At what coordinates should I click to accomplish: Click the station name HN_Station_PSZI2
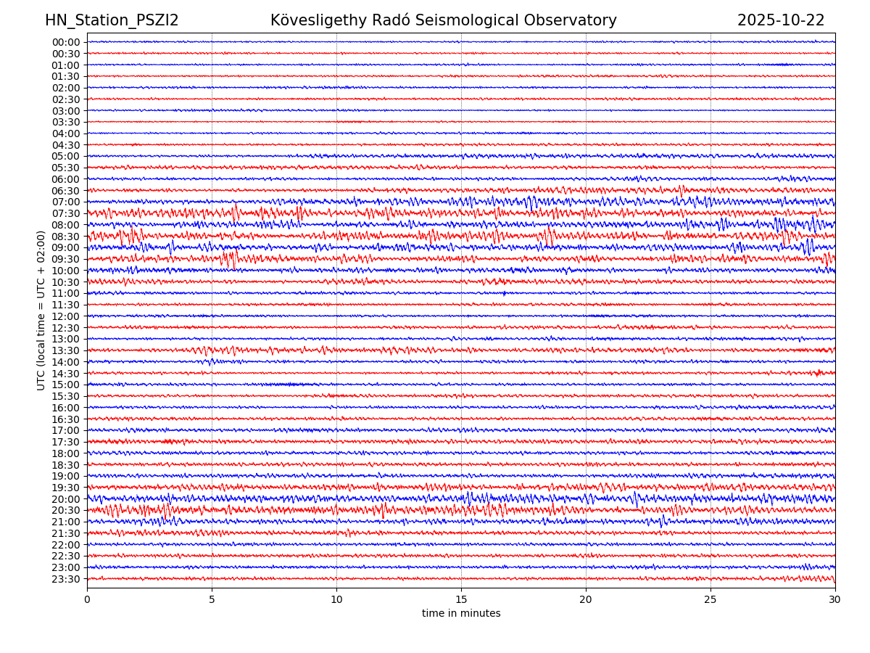point(112,21)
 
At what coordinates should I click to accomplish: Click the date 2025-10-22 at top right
point(781,21)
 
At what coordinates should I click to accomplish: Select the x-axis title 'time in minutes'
point(461,614)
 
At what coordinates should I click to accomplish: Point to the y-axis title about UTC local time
point(41,310)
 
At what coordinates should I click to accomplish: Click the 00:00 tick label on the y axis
point(66,42)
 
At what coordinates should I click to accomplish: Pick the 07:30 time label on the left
point(66,213)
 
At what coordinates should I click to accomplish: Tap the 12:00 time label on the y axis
point(66,316)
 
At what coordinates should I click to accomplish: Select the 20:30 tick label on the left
point(66,510)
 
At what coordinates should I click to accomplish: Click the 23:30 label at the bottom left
point(66,579)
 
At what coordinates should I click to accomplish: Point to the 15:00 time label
point(66,385)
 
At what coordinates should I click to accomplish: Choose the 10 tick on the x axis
point(336,600)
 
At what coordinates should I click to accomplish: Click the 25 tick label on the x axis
point(710,600)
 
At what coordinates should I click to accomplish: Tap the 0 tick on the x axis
point(87,600)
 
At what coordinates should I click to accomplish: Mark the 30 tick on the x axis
point(835,600)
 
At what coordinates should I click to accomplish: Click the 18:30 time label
point(66,465)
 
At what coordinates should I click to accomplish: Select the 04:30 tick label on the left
point(66,145)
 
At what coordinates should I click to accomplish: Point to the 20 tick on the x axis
point(586,600)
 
